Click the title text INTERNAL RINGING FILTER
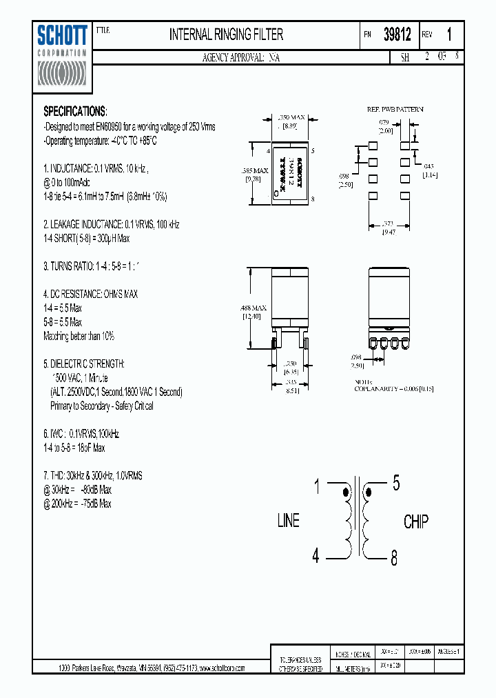tap(226, 34)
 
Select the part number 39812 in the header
tap(397, 34)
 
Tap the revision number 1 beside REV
tap(450, 34)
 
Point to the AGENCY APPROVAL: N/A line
tap(241, 58)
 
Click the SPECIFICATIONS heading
tap(75, 111)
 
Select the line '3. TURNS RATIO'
tap(96, 266)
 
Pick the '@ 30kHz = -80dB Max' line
tap(77, 490)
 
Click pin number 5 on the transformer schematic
tap(395, 483)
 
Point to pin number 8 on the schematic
tap(393, 559)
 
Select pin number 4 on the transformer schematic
tap(316, 556)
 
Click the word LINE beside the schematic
tap(289, 521)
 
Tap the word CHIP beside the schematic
tap(415, 521)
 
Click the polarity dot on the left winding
tap(346, 492)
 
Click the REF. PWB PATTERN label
tap(395, 110)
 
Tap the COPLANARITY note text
tap(394, 388)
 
